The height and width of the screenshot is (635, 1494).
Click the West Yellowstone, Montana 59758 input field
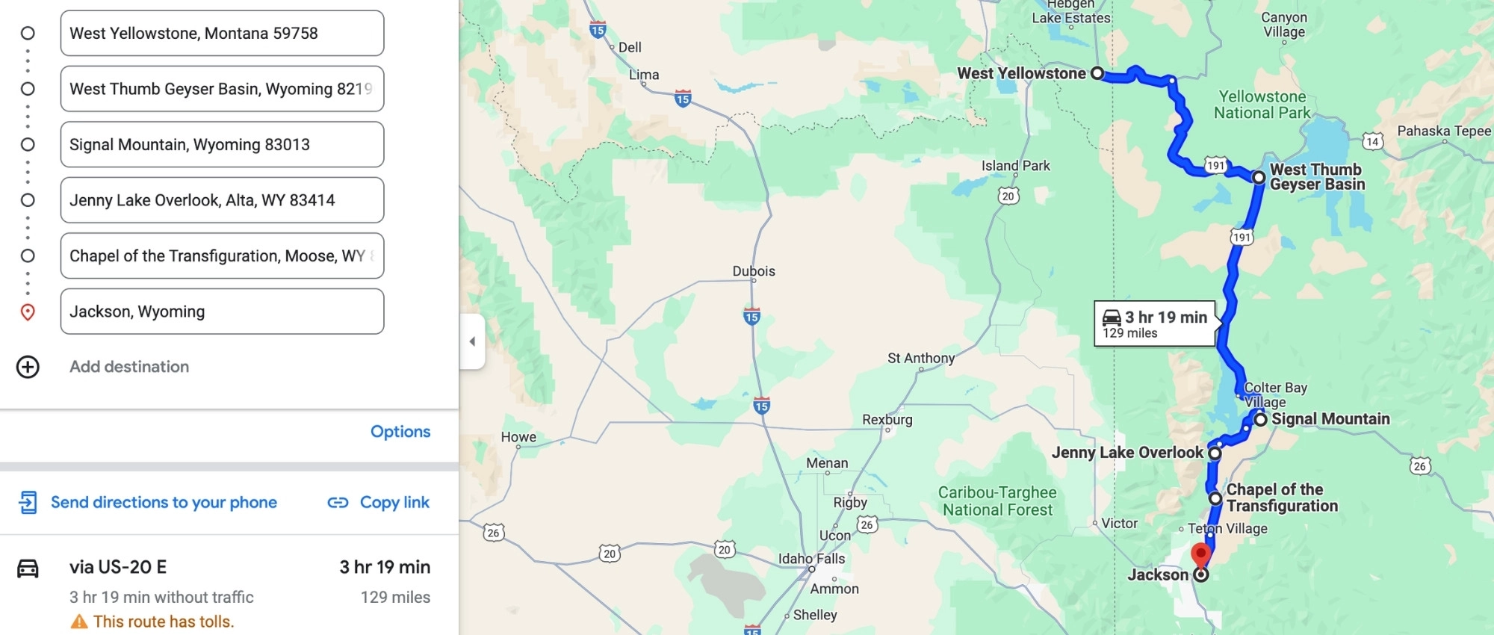tap(222, 33)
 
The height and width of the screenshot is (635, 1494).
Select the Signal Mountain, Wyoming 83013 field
tap(222, 144)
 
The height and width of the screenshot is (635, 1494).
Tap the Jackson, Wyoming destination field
tap(222, 312)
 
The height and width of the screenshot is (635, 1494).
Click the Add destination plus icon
tap(28, 367)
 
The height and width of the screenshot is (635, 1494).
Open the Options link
tap(400, 432)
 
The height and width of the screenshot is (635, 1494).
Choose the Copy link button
tap(379, 502)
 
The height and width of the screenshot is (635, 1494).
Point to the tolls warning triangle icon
tap(78, 622)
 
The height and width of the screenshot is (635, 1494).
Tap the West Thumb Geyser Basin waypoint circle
tap(1259, 178)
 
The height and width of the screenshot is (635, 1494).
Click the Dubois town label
tap(754, 271)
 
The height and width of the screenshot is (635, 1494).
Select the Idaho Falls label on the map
tap(811, 559)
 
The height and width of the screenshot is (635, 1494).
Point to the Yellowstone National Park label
tap(1262, 105)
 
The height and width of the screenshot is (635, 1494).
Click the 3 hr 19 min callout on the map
tap(1155, 323)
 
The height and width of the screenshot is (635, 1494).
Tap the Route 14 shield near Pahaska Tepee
tap(1372, 141)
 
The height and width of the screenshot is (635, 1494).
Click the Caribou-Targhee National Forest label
tap(997, 501)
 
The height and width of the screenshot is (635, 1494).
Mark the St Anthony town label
tap(921, 359)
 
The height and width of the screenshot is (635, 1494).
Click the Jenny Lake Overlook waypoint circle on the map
tap(1215, 453)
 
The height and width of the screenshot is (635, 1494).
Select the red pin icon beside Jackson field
tap(28, 312)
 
